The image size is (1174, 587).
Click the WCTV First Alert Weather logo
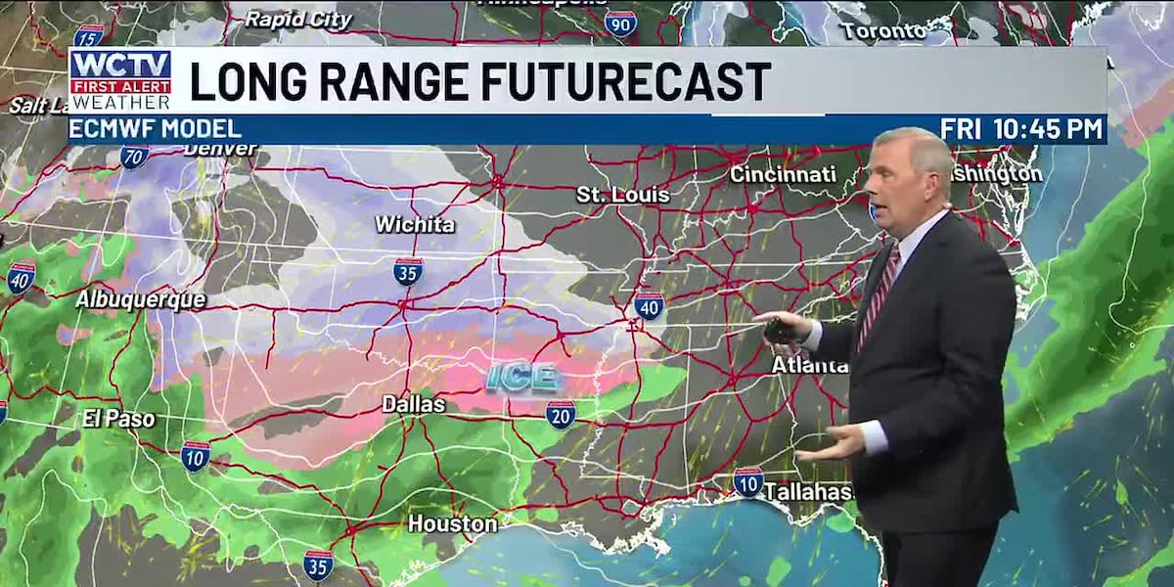(x=120, y=79)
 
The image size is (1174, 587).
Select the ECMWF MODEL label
(x=157, y=128)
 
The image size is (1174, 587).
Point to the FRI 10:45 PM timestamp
(x=1020, y=128)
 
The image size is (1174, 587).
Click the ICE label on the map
(x=522, y=377)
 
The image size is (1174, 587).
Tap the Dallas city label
(x=414, y=404)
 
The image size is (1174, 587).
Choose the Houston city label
(x=452, y=523)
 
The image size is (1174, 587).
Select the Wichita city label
(x=415, y=224)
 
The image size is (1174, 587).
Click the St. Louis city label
(x=622, y=195)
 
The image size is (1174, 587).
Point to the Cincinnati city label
(x=783, y=174)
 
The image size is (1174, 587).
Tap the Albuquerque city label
(x=141, y=299)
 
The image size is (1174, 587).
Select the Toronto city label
(x=882, y=31)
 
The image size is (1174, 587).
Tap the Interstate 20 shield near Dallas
(x=561, y=414)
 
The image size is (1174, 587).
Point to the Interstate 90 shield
(x=620, y=23)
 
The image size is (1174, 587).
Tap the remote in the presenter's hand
(x=780, y=330)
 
